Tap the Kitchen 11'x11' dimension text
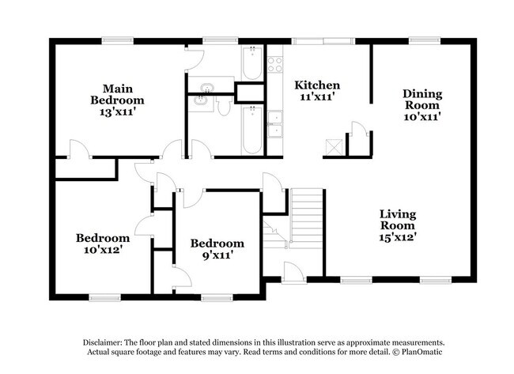point(317,97)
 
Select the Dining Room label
point(423,99)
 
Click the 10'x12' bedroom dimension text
point(102,250)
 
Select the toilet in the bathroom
point(225,103)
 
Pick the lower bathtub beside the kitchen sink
point(251,130)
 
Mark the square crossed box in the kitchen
point(334,146)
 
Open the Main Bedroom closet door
point(76,149)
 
